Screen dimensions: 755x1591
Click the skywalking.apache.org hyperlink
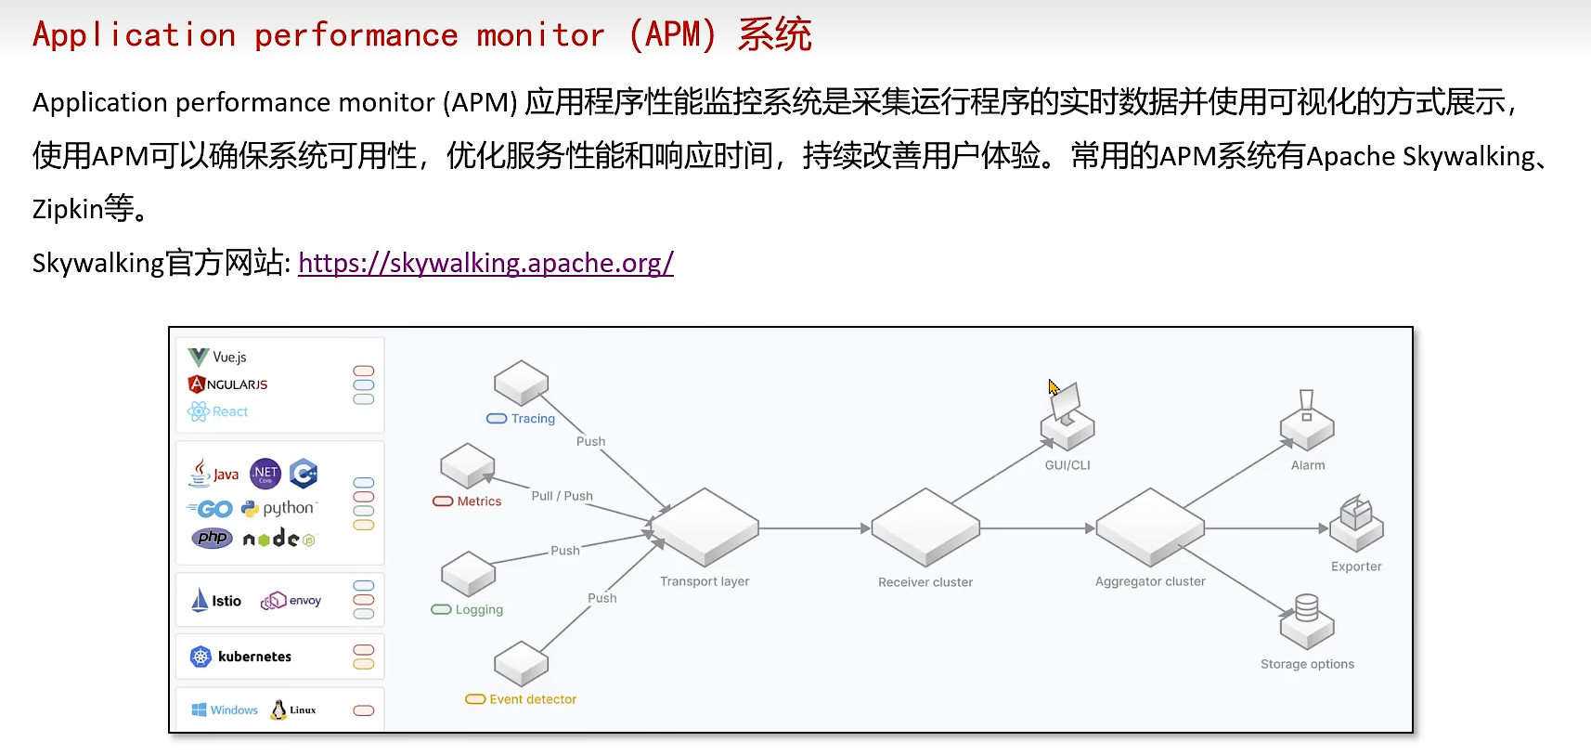485,264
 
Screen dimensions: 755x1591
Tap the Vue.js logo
199,358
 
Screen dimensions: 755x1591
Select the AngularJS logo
197,384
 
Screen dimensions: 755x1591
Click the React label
229,412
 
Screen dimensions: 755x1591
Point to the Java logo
213,474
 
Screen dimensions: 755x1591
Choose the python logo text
288,508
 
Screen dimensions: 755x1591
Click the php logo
213,538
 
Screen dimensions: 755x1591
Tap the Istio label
226,601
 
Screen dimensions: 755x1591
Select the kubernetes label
254,657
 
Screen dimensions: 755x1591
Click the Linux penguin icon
278,710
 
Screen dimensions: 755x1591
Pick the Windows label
234,710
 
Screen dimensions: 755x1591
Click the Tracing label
533,419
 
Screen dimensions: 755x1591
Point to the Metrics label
479,501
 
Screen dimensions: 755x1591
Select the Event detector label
533,699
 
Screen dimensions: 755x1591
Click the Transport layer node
705,527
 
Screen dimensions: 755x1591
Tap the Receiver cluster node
925,527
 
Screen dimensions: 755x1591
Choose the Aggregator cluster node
1150,527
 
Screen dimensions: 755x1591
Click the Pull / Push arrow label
562,496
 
